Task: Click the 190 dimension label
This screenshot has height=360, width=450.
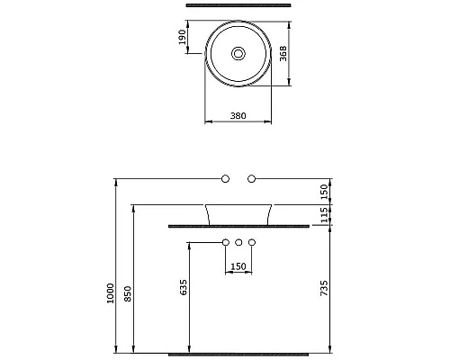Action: [x=182, y=37]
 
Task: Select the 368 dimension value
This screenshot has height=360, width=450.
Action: [x=283, y=54]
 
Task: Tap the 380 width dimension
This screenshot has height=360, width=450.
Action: [x=238, y=115]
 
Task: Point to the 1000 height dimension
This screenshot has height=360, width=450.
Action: [x=111, y=293]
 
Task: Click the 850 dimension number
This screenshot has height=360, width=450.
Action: [x=128, y=293]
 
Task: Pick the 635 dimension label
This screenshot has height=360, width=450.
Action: [x=184, y=287]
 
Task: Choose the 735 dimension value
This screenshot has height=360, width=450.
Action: [x=324, y=288]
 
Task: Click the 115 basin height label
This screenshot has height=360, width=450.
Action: [x=324, y=215]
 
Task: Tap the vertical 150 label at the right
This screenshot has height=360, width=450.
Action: [x=324, y=192]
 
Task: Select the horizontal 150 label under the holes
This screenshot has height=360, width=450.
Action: [x=238, y=266]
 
